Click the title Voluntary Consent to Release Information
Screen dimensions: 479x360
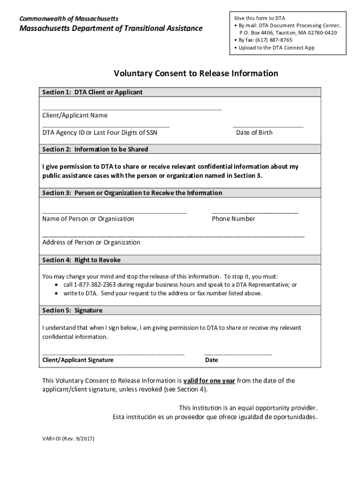click(x=196, y=73)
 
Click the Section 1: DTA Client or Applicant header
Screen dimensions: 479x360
click(x=92, y=92)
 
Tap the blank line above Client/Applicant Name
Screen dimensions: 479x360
click(x=132, y=109)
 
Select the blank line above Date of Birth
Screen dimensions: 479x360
click(x=267, y=126)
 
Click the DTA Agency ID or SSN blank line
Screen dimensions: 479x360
click(x=106, y=126)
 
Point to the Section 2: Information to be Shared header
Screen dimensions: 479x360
click(x=95, y=149)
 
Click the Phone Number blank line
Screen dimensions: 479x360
click(x=255, y=212)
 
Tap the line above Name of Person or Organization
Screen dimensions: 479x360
click(x=115, y=212)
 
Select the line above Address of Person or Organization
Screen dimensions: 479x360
click(x=173, y=236)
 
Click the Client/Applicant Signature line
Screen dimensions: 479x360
click(x=113, y=354)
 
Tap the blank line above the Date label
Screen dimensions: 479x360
click(x=238, y=354)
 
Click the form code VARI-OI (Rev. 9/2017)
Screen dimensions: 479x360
click(x=68, y=439)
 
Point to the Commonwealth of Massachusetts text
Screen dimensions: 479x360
click(x=68, y=19)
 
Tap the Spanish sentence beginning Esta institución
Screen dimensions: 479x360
click(x=215, y=417)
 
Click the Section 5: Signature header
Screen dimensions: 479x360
click(x=72, y=311)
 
